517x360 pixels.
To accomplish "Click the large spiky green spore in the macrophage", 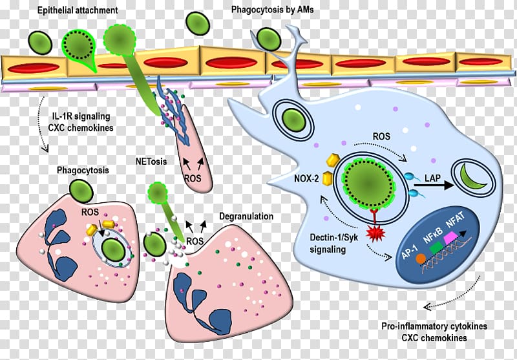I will pyautogui.click(x=366, y=180).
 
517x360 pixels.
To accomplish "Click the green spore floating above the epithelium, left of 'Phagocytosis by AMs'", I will pyautogui.click(x=195, y=23).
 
